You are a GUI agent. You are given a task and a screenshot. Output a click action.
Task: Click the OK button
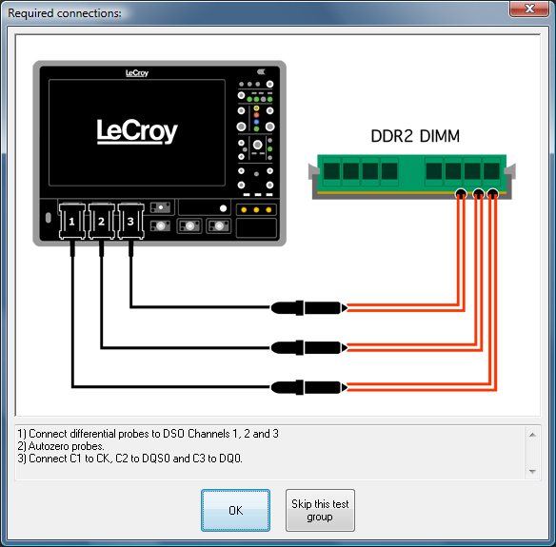pyautogui.click(x=235, y=510)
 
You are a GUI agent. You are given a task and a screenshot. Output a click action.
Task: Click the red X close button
pyautogui.click(x=529, y=9)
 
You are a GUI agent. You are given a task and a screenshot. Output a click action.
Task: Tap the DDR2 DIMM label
pyautogui.click(x=415, y=136)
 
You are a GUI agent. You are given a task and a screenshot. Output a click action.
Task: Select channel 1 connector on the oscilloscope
pyautogui.click(x=72, y=221)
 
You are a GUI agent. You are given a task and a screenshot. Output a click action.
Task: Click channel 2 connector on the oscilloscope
pyautogui.click(x=102, y=221)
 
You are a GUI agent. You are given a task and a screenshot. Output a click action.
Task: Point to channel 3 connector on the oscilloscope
pyautogui.click(x=130, y=221)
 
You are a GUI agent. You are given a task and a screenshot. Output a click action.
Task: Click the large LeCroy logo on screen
pyautogui.click(x=137, y=131)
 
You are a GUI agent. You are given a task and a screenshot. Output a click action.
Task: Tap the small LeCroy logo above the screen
pyautogui.click(x=137, y=73)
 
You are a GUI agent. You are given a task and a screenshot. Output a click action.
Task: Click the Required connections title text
pyautogui.click(x=65, y=13)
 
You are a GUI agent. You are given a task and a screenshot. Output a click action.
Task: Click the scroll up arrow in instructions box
pyautogui.click(x=532, y=435)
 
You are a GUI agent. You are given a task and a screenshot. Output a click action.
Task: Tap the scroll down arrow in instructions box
pyautogui.click(x=532, y=471)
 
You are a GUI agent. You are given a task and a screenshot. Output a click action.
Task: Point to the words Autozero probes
pyautogui.click(x=66, y=446)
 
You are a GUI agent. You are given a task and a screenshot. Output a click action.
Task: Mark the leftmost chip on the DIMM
pyautogui.click(x=332, y=171)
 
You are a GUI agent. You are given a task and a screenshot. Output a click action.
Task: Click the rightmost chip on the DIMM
pyautogui.click(x=491, y=171)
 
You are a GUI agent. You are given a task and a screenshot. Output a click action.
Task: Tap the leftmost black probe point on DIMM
pyautogui.click(x=461, y=193)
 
